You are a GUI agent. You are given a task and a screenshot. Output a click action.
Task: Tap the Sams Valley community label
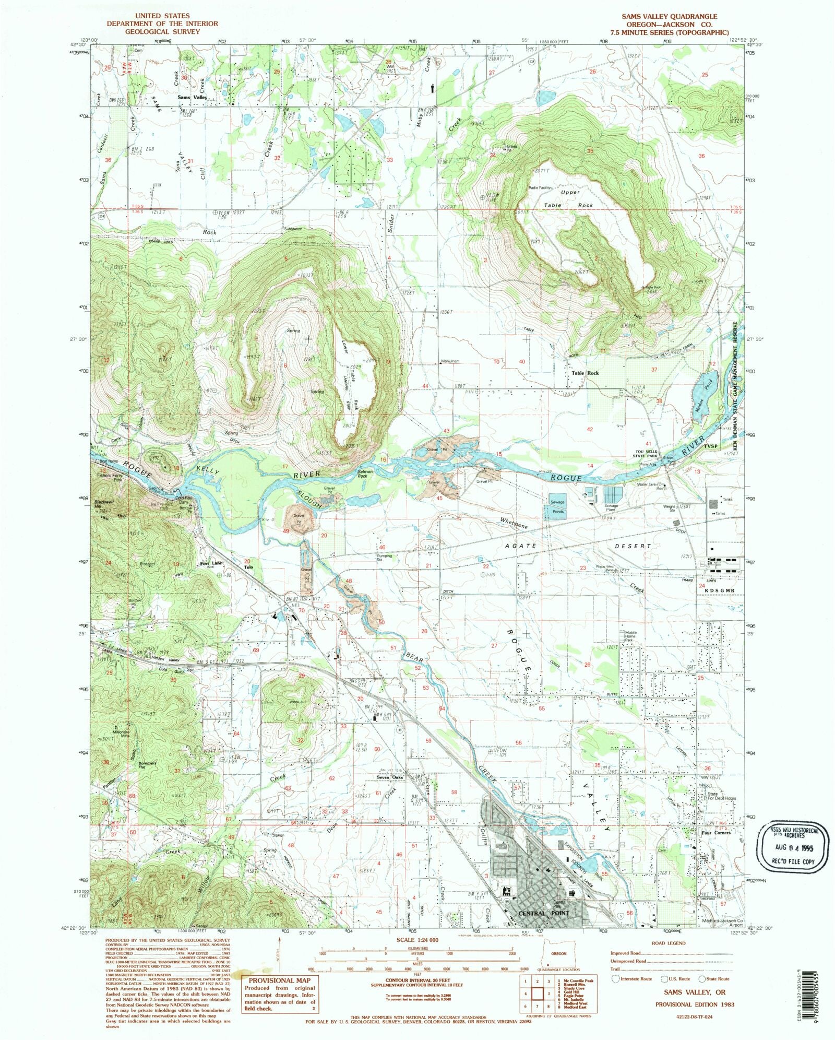tap(193, 98)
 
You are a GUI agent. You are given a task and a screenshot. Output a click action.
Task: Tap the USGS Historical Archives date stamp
tap(792, 846)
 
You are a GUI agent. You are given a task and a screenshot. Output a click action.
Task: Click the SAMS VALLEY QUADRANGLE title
tap(669, 16)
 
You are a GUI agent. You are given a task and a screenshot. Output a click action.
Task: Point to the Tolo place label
tap(249, 567)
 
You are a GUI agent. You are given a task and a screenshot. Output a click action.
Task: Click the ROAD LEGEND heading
tap(669, 943)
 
